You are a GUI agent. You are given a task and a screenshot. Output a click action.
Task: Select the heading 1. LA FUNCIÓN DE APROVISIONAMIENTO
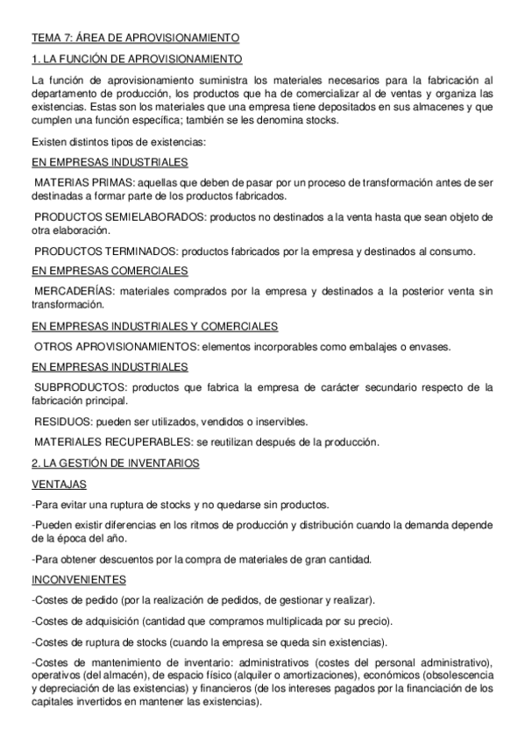point(138,60)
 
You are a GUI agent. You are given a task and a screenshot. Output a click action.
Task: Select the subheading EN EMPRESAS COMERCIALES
point(109,270)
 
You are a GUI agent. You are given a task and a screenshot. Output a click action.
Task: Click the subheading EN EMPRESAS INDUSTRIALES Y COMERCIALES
point(154,326)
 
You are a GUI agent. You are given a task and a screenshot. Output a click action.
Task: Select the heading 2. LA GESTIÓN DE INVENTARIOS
point(115,462)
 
